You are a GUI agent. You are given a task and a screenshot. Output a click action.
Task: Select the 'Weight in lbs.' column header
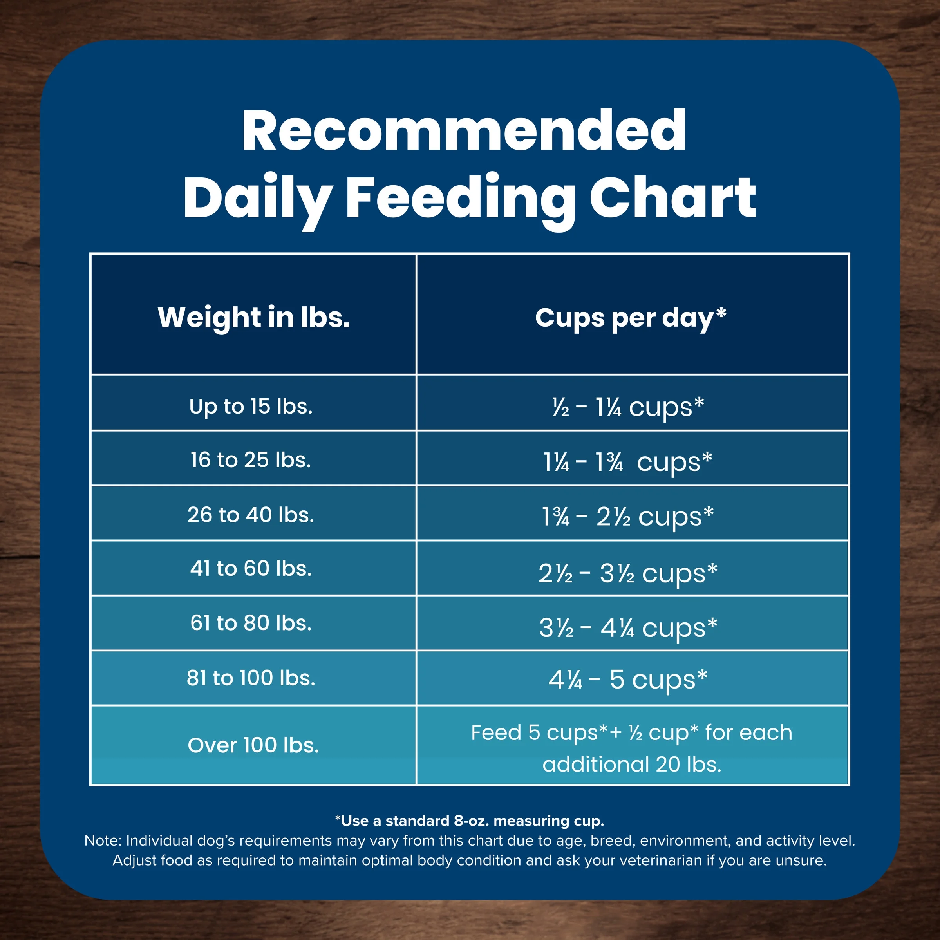point(253,317)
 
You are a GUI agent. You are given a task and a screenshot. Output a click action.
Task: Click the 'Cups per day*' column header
point(631,318)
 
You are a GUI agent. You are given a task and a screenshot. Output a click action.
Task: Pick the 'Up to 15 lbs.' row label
point(251,406)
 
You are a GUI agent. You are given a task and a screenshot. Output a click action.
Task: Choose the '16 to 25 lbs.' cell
point(251,460)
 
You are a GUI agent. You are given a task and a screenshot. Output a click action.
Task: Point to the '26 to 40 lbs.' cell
point(251,515)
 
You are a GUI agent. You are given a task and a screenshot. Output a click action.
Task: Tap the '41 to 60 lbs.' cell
point(251,568)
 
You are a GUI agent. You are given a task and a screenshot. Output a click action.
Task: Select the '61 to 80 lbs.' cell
point(251,623)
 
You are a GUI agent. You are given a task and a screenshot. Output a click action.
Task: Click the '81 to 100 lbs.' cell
point(251,678)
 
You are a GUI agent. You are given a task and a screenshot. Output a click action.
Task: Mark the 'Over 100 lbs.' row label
point(253,745)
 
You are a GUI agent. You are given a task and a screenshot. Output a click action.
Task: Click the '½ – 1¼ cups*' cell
point(627,407)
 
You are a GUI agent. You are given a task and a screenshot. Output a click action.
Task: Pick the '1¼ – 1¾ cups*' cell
point(627,462)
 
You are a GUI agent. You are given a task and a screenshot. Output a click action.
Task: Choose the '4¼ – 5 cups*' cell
point(627,679)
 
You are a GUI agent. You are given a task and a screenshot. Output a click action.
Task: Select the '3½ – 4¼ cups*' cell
point(627,627)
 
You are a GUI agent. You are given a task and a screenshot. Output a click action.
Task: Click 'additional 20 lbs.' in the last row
point(631,765)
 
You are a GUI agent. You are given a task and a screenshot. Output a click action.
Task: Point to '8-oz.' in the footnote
point(472,821)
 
